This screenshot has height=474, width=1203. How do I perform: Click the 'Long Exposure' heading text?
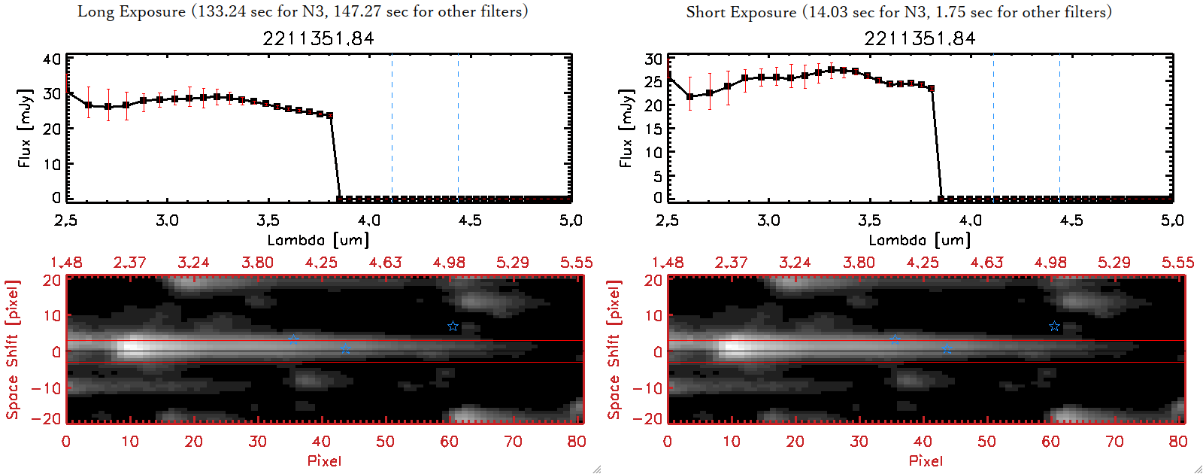(x=132, y=11)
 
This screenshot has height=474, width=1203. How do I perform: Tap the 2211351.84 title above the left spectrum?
(x=318, y=38)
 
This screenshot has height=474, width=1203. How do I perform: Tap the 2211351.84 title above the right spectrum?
(x=920, y=38)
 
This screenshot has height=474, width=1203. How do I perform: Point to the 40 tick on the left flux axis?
(x=52, y=59)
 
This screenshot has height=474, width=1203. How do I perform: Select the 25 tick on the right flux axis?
(x=653, y=81)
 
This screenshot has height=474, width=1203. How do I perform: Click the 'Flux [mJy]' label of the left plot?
(x=25, y=129)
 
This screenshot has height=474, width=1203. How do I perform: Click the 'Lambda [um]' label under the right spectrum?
(x=920, y=240)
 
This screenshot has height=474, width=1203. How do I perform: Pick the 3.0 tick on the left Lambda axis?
(x=167, y=220)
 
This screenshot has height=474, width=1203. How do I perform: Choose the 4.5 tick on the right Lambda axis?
(x=1071, y=220)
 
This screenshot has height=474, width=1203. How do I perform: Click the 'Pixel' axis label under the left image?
(x=324, y=460)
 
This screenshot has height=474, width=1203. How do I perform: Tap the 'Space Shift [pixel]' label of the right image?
(x=614, y=350)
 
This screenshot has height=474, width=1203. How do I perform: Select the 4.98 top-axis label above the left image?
(x=449, y=263)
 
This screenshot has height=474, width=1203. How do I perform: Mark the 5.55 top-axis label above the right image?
(x=1177, y=263)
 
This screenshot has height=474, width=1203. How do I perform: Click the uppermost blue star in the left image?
(x=453, y=327)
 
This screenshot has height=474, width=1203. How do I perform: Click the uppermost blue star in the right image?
(x=1054, y=327)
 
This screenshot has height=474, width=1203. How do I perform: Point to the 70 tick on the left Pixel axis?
(x=514, y=442)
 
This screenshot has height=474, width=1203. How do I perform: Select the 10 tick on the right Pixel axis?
(x=732, y=442)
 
